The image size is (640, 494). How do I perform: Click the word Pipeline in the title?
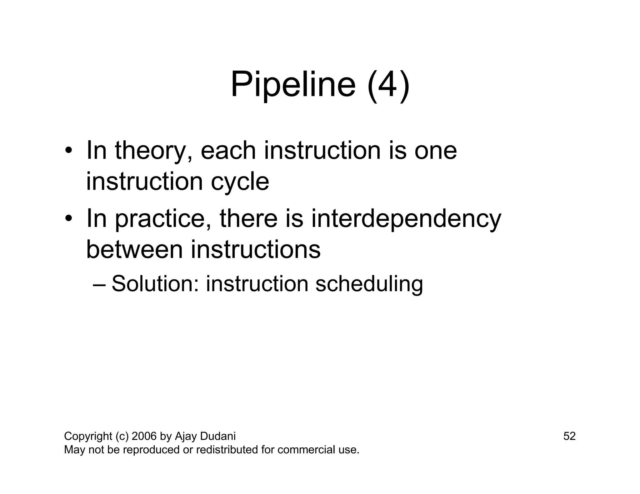click(293, 85)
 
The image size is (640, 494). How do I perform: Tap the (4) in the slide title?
click(388, 85)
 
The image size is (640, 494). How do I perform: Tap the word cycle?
click(240, 182)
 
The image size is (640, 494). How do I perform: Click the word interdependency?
click(406, 219)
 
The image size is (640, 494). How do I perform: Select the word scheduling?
click(369, 284)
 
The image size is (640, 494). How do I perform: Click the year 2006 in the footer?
click(144, 436)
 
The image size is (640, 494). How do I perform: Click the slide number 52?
click(569, 436)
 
